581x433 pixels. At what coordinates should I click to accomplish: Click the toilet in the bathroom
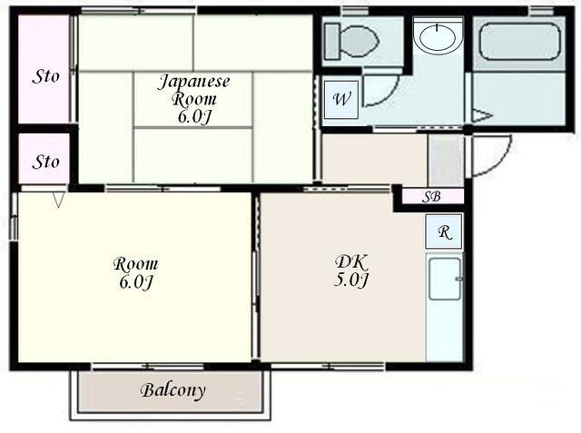351,41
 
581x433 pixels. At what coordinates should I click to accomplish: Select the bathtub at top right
519,42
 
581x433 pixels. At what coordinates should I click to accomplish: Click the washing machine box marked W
341,100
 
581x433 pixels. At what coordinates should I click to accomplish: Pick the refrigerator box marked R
444,231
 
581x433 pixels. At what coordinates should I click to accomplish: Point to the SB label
432,196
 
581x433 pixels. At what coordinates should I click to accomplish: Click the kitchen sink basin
445,279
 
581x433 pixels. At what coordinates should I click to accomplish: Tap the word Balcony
173,390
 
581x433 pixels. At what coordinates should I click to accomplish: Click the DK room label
351,261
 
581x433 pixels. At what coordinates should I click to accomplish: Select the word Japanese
194,82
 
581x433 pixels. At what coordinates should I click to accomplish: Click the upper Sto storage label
45,76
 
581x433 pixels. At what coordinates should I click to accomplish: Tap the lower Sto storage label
45,162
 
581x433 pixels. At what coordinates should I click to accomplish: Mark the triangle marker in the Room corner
58,200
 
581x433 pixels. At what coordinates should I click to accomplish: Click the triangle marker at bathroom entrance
482,115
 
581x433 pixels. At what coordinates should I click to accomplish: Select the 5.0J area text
351,280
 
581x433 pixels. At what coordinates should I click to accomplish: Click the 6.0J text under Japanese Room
194,117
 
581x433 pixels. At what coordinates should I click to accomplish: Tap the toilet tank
332,41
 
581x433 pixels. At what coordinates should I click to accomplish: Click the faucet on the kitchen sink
458,279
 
